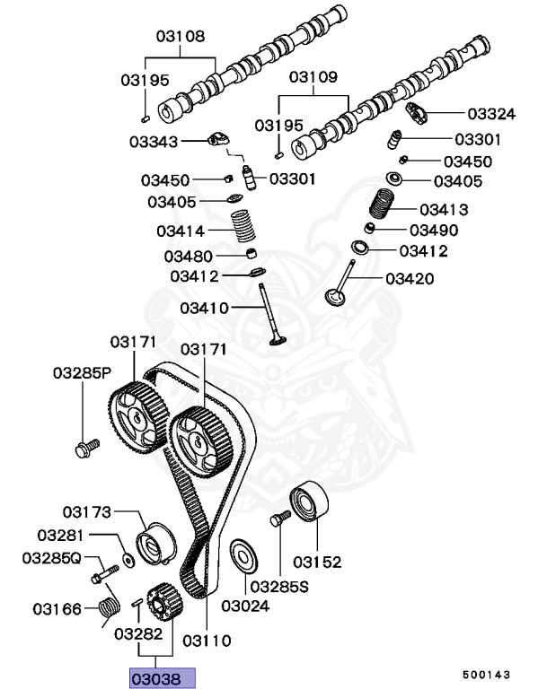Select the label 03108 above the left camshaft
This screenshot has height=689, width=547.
point(180,38)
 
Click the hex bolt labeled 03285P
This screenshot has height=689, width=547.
point(86,445)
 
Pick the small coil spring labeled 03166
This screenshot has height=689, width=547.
point(109,609)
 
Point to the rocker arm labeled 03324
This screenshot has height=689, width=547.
point(418,113)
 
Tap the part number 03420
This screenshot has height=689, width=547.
point(410,279)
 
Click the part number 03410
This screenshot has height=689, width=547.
point(205,308)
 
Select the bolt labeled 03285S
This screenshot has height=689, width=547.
point(279,519)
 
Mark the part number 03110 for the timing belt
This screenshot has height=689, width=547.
point(207,641)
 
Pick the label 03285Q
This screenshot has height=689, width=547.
point(51,558)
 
